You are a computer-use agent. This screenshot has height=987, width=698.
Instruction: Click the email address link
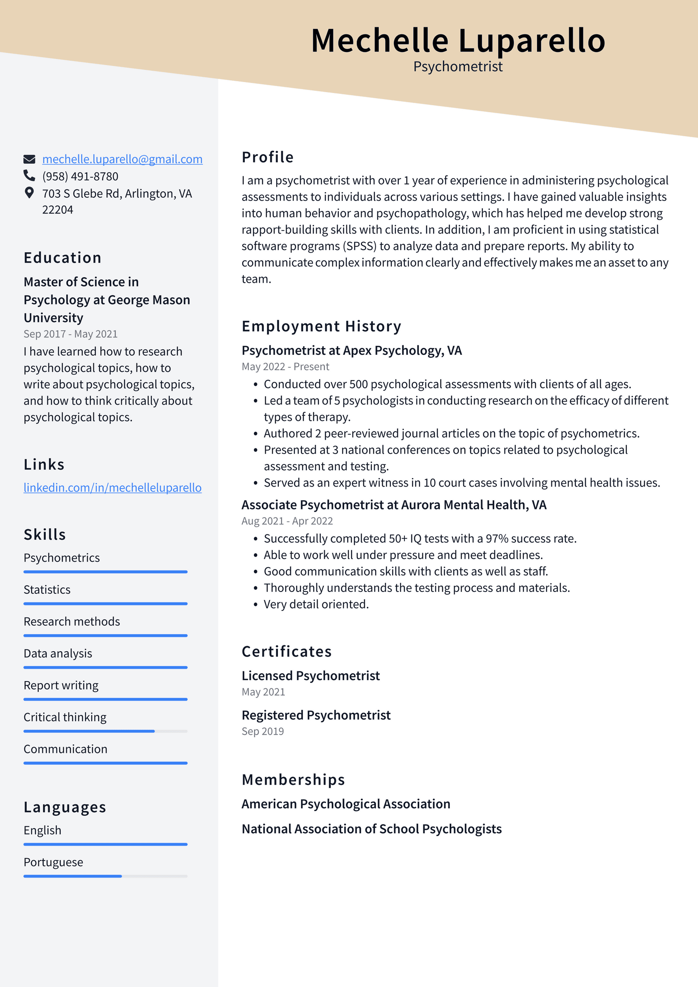coord(122,159)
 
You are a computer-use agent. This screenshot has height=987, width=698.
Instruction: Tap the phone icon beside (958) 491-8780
coord(29,175)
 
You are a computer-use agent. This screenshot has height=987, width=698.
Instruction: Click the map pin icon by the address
coord(29,193)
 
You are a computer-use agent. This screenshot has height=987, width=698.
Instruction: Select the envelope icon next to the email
coord(29,159)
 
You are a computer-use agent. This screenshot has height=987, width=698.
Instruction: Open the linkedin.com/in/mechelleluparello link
coord(112,488)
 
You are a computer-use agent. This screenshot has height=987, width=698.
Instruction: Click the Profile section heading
coord(267,157)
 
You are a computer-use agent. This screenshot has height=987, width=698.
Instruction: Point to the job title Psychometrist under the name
coord(458,66)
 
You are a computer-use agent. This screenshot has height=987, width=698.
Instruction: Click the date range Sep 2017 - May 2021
coord(70,334)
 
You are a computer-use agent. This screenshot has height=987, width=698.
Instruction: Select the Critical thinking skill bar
coord(105,731)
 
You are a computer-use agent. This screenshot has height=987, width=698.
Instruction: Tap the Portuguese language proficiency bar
coord(105,876)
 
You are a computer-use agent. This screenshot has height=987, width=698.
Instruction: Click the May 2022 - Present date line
coord(285,367)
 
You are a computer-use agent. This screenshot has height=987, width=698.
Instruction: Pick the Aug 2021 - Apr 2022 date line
coord(287,521)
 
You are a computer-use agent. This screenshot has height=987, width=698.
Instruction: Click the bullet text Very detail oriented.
coord(316,604)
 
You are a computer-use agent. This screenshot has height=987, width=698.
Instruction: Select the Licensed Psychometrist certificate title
coord(311,676)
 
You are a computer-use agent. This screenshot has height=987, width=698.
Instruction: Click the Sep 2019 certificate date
coord(263,731)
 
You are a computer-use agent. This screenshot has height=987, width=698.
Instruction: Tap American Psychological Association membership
coord(346,804)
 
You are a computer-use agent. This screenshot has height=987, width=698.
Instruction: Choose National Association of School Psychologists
coord(371,829)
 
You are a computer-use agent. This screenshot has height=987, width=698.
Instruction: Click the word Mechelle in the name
coord(380,41)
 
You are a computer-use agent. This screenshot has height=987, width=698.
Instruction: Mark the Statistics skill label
coord(47,590)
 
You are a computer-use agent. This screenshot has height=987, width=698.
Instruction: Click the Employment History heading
coord(321,327)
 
